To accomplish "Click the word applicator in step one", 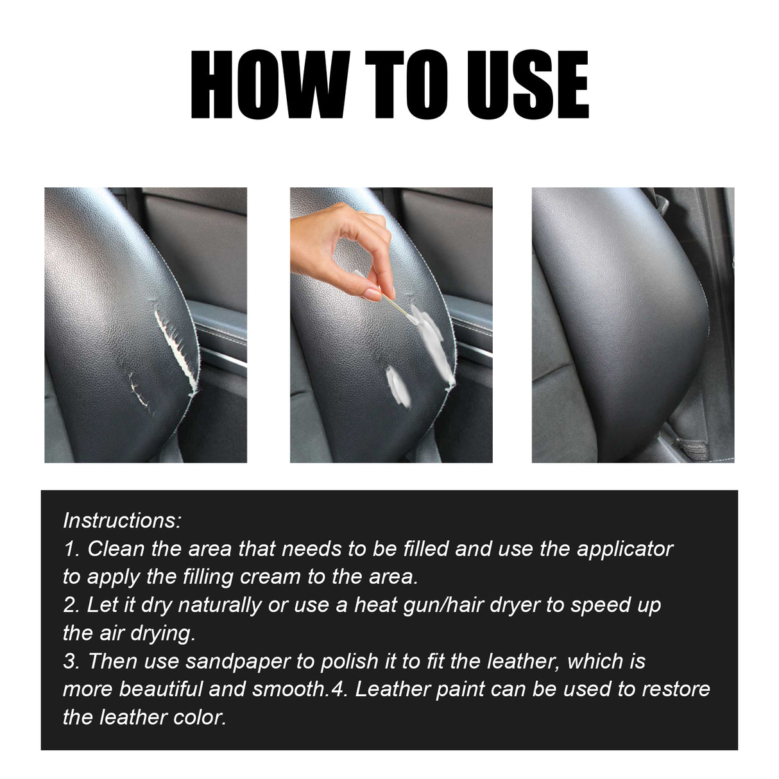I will pyautogui.click(x=624, y=549).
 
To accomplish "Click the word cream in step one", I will pyautogui.click(x=270, y=577).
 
